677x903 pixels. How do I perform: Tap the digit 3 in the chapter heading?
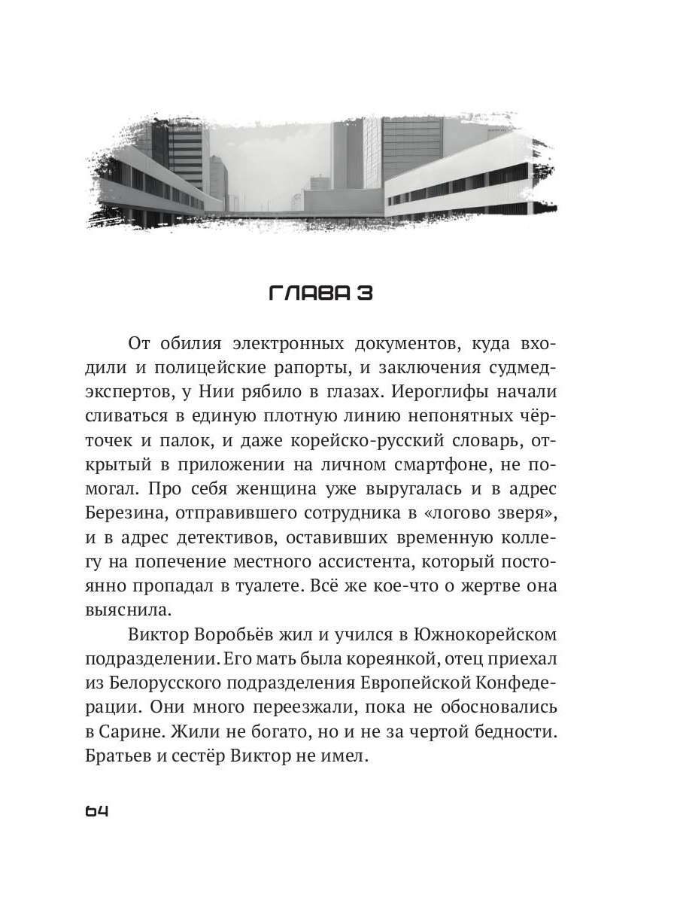point(364,293)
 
